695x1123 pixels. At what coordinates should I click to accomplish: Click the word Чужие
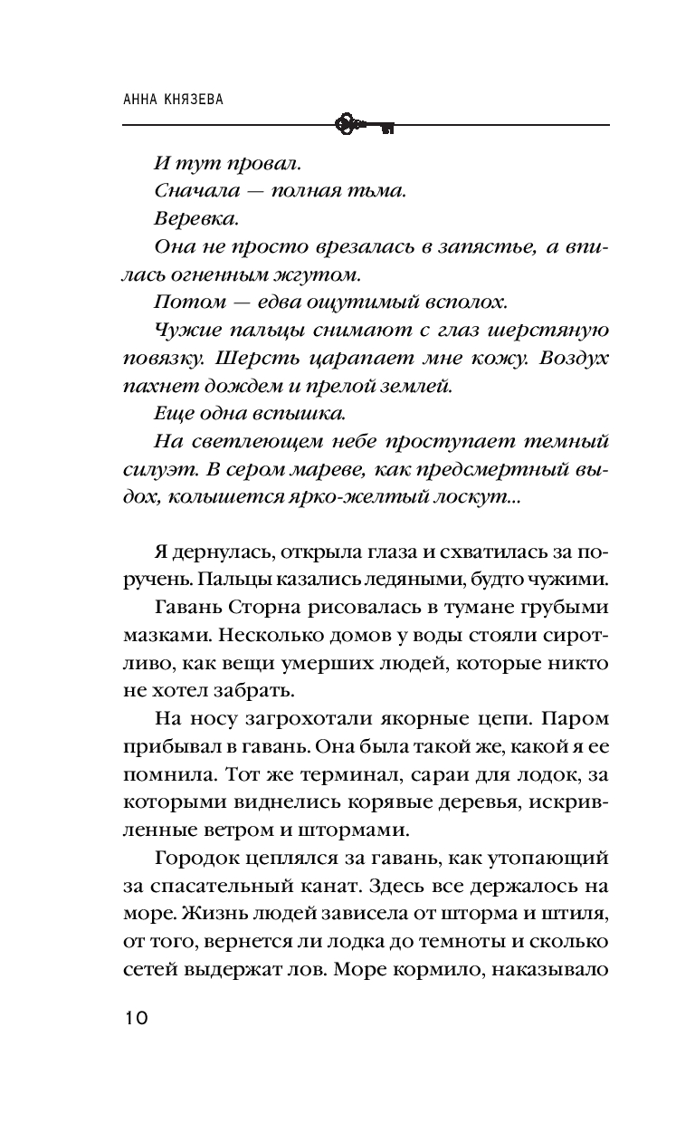[x=186, y=329]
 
